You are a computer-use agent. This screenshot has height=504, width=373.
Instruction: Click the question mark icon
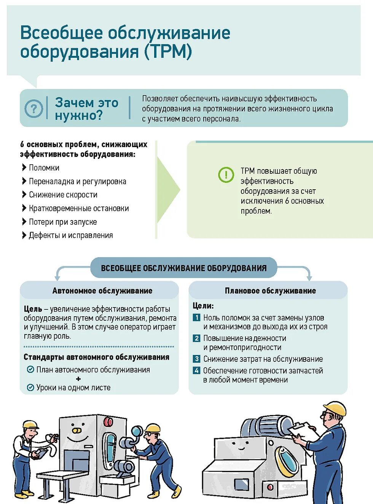coord(33,109)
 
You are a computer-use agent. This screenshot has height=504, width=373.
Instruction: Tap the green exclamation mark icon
coord(226,175)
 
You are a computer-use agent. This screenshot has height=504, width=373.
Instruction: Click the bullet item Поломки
coord(44,168)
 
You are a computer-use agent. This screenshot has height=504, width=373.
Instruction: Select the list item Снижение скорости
coord(63,195)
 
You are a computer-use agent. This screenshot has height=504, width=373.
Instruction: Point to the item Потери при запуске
coord(63,222)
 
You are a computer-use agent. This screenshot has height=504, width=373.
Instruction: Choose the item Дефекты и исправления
coord(71,235)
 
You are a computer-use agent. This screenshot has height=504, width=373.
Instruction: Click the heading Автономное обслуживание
coord(102,291)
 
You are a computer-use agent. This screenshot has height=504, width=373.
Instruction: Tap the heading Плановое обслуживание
coord(270,291)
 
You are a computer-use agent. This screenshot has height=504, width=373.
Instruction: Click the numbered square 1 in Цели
coord(196,317)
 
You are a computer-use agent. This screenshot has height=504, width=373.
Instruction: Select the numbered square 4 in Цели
coord(196,371)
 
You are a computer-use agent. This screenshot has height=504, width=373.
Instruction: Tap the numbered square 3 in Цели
coord(196,359)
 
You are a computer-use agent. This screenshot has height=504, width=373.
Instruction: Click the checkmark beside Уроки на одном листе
coord(30,388)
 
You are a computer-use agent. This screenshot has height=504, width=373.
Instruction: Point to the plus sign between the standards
coord(78,379)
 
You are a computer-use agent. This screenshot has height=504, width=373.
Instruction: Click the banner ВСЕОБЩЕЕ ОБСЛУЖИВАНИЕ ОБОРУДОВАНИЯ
coord(183,268)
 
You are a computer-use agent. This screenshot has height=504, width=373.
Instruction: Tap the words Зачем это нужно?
coord(86,109)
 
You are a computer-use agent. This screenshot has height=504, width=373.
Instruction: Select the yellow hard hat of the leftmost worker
coord(30,424)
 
